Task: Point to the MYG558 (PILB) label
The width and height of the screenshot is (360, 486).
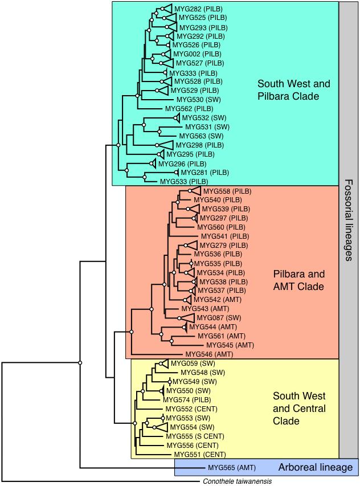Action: click(x=227, y=191)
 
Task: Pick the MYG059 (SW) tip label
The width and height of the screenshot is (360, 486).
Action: click(x=190, y=363)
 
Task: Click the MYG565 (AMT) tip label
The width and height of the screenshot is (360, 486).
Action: click(x=231, y=468)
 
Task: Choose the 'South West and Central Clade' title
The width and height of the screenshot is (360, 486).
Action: click(x=299, y=409)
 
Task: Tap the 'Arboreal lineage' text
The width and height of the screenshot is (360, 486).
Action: click(x=315, y=468)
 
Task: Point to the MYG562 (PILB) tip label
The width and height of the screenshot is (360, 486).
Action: click(x=189, y=109)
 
